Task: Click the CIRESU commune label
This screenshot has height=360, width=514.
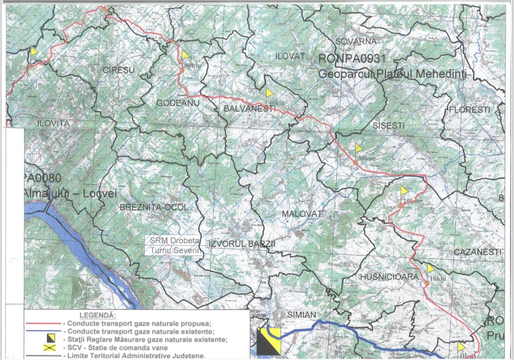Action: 119,69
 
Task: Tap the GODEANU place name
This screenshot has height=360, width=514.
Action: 172,102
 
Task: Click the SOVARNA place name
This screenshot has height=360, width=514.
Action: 355,41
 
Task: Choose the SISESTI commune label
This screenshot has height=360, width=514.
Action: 389,126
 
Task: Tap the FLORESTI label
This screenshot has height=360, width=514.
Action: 470,109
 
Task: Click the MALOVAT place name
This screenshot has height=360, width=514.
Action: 302,214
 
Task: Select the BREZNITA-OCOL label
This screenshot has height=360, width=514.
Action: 154,207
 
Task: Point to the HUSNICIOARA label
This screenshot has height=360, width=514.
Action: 384,277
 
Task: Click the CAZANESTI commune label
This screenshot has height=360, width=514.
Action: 478,252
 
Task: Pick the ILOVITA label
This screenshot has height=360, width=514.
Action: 53,123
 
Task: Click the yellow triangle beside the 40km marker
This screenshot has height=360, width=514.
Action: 270,92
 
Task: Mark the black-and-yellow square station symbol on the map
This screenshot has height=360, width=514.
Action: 269,341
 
